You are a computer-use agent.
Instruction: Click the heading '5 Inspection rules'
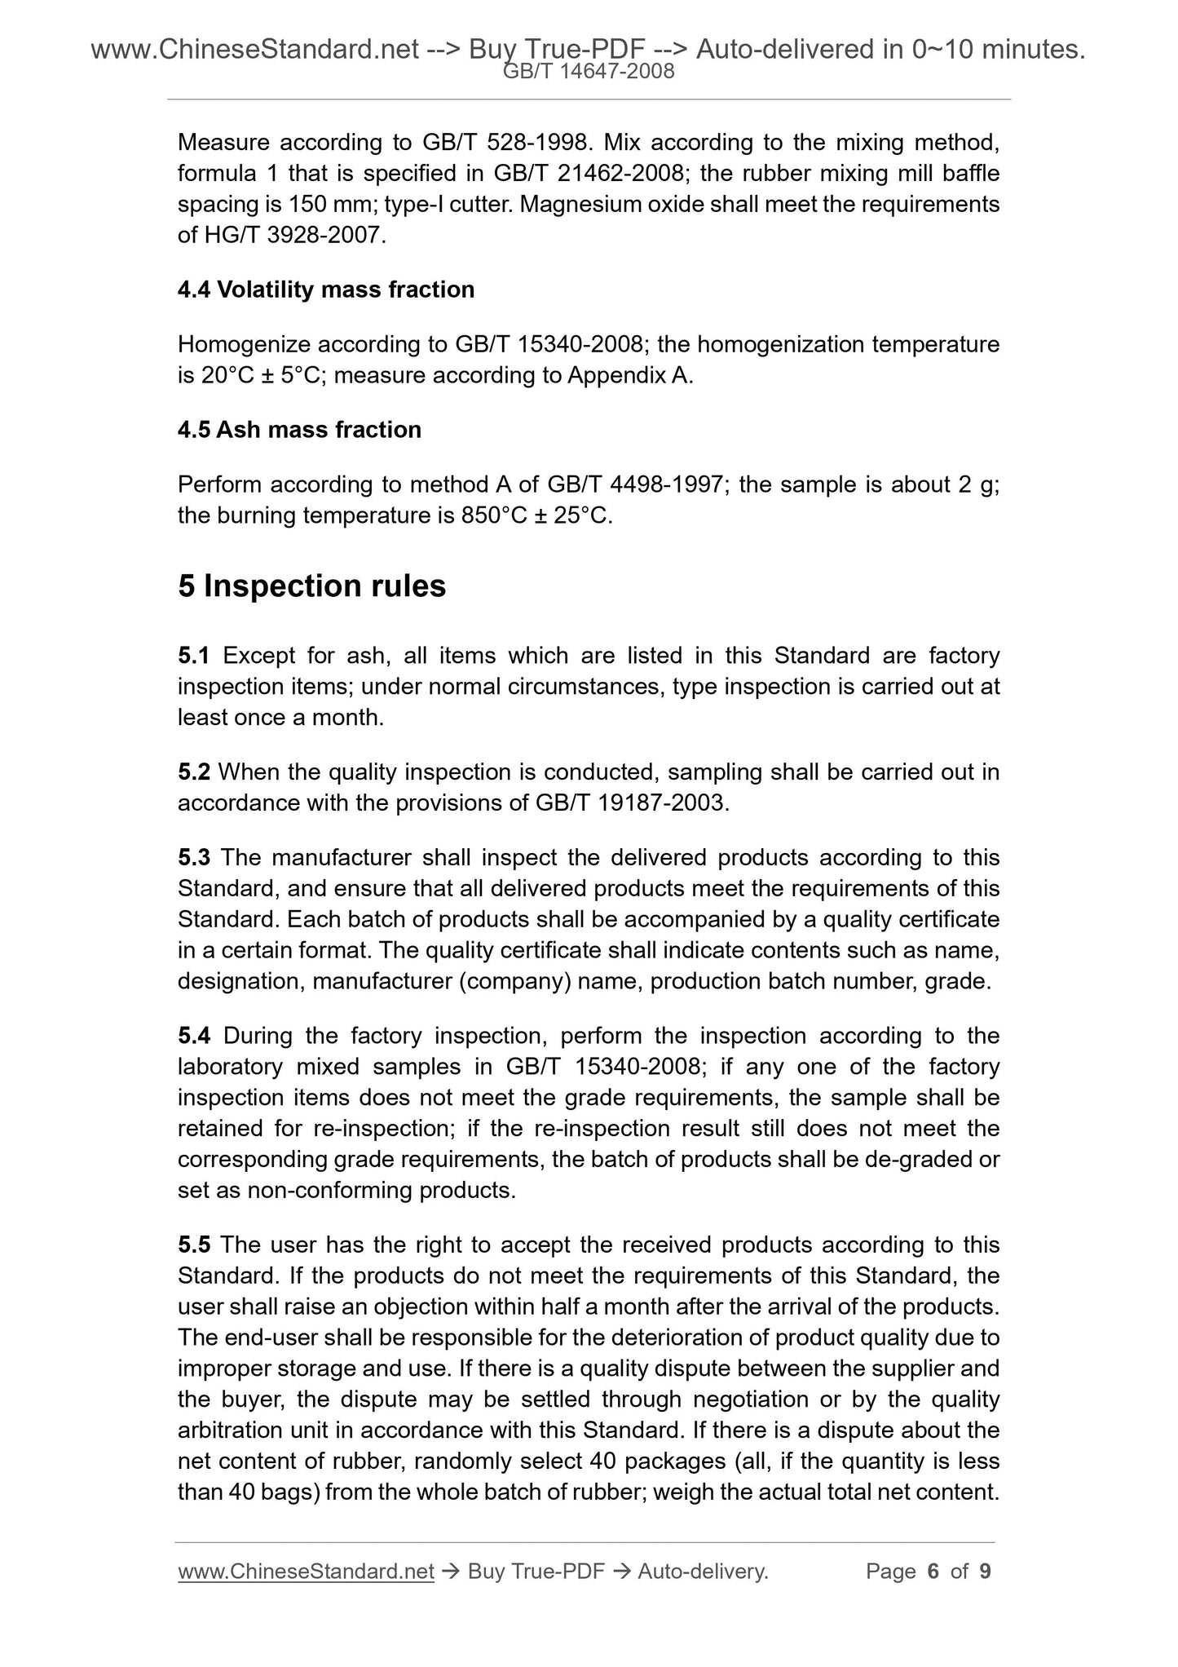311,586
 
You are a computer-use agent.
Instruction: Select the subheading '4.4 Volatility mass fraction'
325,290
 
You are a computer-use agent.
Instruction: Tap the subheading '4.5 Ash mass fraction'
299,430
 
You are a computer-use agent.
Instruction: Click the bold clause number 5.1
194,656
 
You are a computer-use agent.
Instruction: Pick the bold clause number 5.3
194,858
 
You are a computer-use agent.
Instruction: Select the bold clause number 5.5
194,1245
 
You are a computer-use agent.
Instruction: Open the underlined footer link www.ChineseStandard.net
305,1572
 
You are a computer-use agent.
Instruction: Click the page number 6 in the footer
933,1572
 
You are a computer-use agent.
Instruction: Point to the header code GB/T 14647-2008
589,72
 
